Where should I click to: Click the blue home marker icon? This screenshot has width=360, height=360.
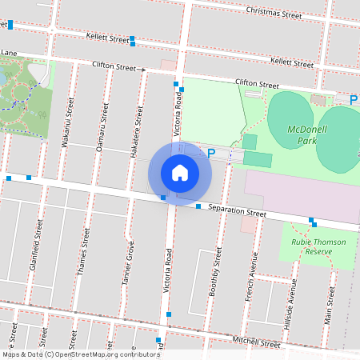click(180, 172)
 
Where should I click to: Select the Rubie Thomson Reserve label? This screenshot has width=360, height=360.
click(318, 246)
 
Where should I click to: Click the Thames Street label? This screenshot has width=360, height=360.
click(82, 252)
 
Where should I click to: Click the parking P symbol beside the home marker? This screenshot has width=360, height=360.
click(211, 153)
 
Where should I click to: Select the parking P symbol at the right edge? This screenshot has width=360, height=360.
click(354, 100)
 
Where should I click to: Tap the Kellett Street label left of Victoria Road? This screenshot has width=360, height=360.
click(107, 38)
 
